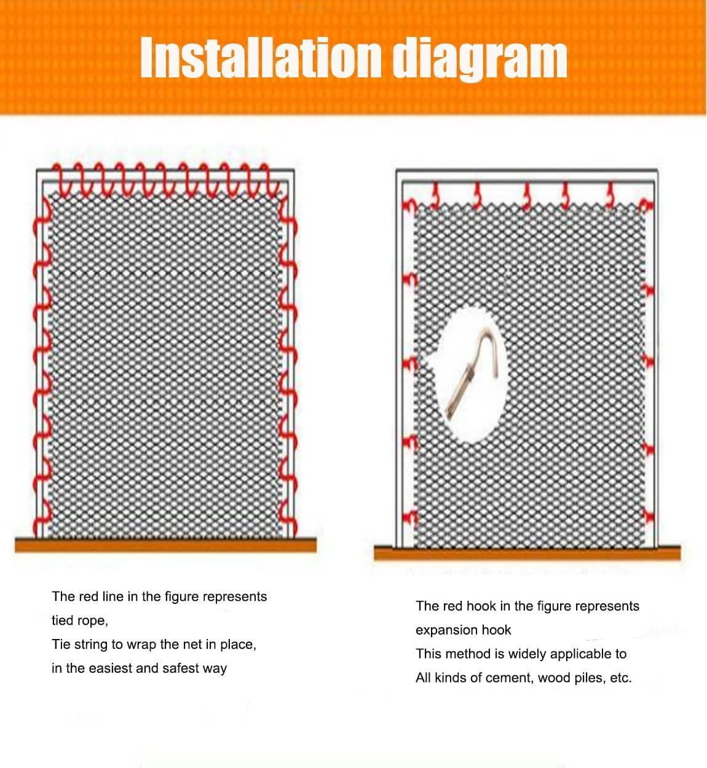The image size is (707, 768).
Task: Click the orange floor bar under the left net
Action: click(x=165, y=544)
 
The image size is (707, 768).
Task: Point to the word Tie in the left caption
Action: click(x=61, y=645)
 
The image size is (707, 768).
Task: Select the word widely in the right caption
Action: click(x=523, y=654)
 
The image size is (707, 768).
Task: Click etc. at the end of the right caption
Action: click(x=620, y=678)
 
